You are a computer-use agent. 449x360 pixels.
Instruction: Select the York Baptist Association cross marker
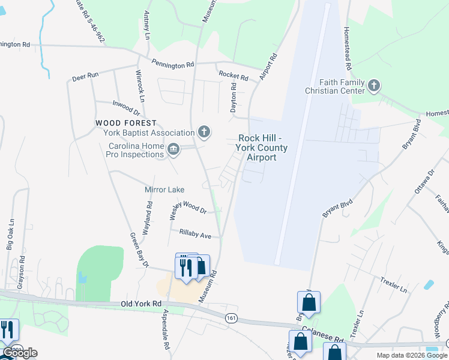point(204,132)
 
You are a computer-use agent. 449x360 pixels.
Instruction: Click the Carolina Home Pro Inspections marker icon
point(173,149)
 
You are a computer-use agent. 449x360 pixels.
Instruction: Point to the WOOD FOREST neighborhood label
point(126,123)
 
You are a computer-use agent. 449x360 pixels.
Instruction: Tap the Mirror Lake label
point(164,190)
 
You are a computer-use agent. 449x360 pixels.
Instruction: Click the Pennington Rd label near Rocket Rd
point(173,64)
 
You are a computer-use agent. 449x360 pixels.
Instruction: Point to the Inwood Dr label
point(126,108)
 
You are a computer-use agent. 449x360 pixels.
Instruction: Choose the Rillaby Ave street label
point(191,233)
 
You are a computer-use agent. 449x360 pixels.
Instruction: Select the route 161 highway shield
point(231,318)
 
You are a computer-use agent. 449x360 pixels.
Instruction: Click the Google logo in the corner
point(19,353)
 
